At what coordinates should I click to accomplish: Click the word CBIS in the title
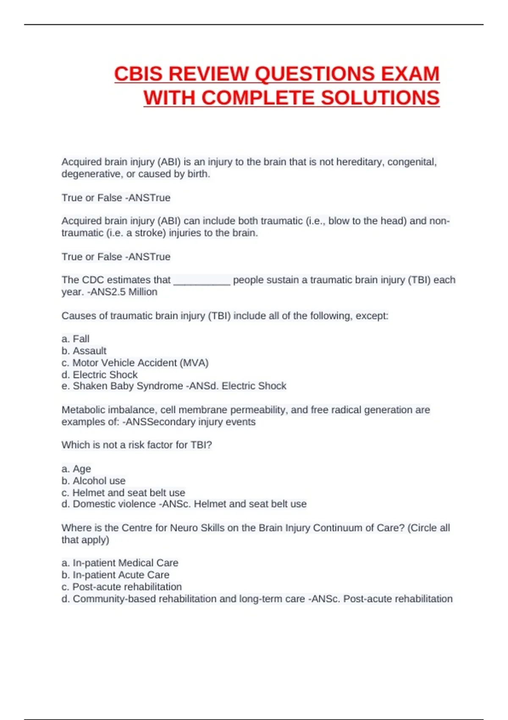click(138, 74)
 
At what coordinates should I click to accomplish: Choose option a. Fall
click(75, 339)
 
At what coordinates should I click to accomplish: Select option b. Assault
click(84, 351)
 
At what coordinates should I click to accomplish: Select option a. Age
click(76, 469)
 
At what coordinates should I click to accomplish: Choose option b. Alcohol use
click(94, 481)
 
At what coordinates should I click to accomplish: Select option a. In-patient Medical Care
click(120, 563)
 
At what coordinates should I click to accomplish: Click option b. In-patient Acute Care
click(115, 575)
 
